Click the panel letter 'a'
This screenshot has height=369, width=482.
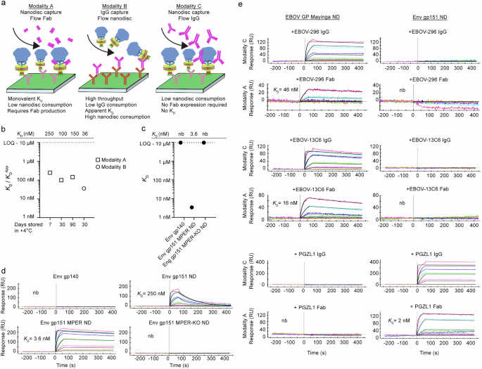pos(4,5)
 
